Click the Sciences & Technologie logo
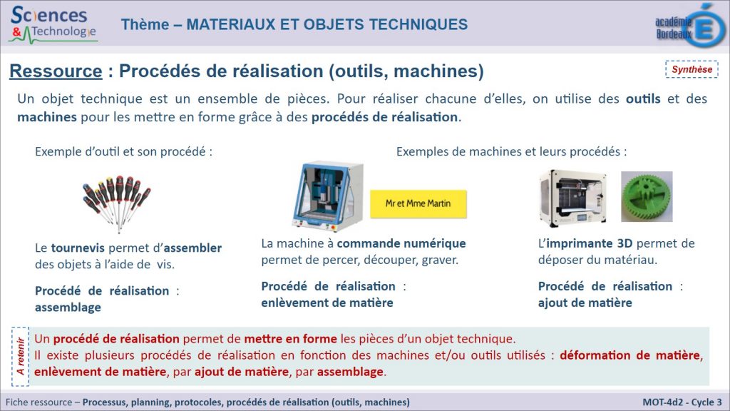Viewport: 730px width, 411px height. click(x=53, y=24)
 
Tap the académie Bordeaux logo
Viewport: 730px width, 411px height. click(x=690, y=25)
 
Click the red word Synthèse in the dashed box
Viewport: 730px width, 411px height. click(x=692, y=69)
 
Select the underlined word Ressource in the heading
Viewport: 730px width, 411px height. click(x=56, y=71)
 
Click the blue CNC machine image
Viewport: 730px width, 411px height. click(x=327, y=196)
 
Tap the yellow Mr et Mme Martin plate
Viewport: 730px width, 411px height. click(x=418, y=203)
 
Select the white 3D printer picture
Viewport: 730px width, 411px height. click(x=573, y=198)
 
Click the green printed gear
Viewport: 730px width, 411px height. click(x=647, y=196)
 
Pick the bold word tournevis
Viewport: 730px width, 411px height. click(x=78, y=248)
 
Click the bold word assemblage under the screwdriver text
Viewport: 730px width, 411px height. click(x=68, y=308)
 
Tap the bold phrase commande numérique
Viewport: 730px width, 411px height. click(x=401, y=243)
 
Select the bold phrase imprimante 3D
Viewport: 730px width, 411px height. click(x=590, y=243)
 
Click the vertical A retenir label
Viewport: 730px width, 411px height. click(x=21, y=357)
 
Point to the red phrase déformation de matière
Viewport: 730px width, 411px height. click(x=630, y=355)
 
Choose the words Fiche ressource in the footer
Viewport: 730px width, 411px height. click(x=38, y=402)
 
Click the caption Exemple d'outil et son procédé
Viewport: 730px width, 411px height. click(x=123, y=151)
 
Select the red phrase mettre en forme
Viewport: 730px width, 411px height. click(x=291, y=339)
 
